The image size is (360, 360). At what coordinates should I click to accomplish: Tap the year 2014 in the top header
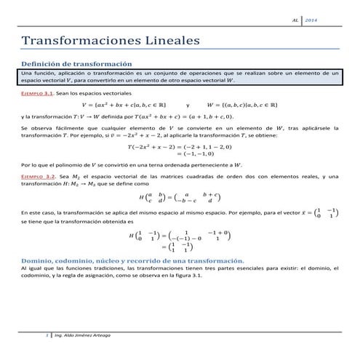pyautogui.click(x=329, y=18)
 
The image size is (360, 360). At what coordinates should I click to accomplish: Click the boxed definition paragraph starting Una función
pyautogui.click(x=180, y=78)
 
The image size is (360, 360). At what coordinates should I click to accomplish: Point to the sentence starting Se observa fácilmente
pyautogui.click(x=180, y=132)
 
